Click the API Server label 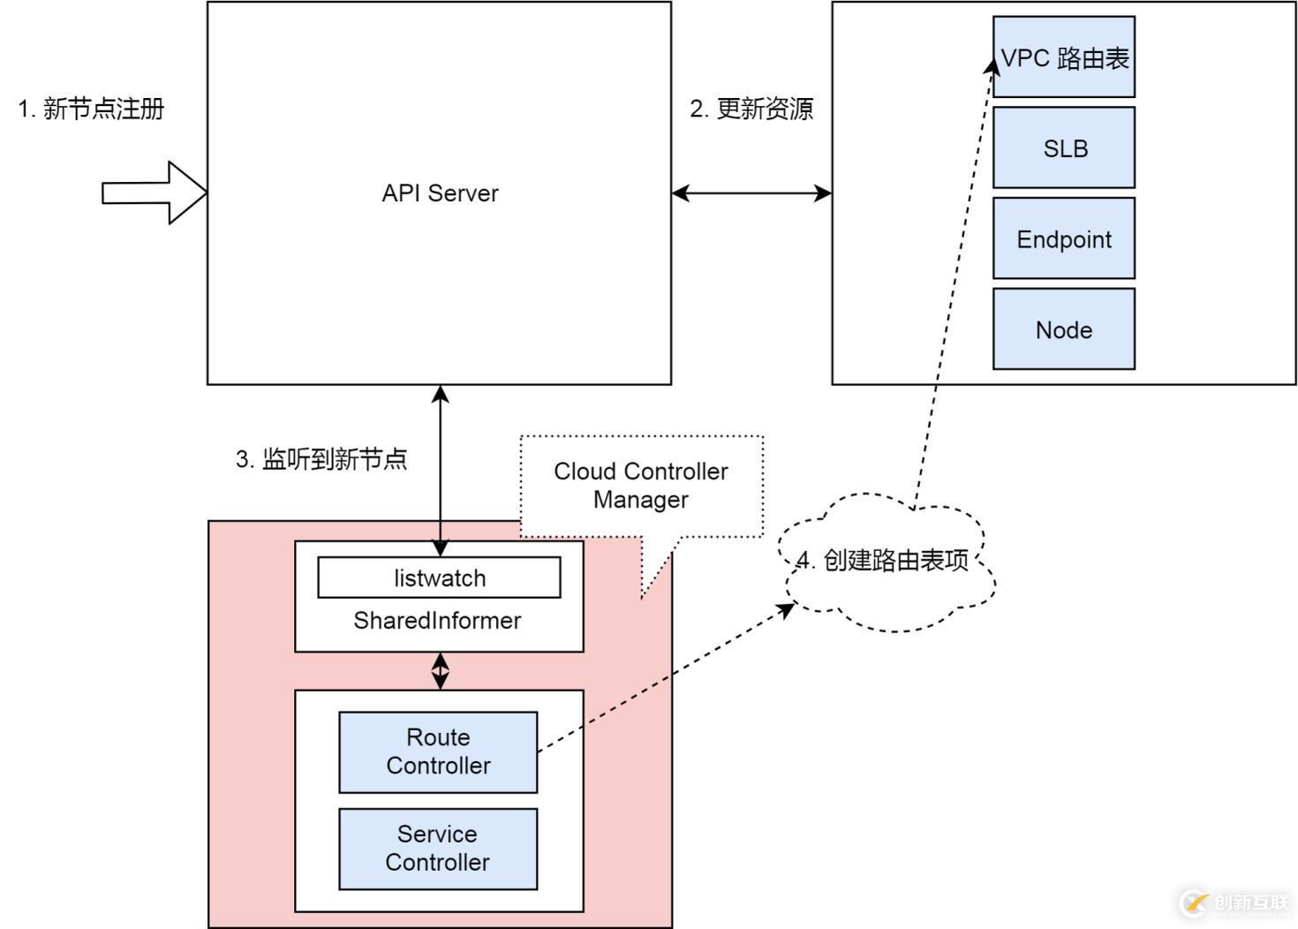click(x=440, y=193)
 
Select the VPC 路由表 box click(x=1063, y=57)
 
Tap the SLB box click(x=1063, y=147)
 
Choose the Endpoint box click(x=1063, y=238)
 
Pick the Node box click(x=1063, y=329)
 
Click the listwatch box click(x=439, y=578)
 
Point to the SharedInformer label click(x=437, y=621)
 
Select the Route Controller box click(x=438, y=752)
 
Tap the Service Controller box click(x=438, y=849)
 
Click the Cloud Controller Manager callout click(x=641, y=486)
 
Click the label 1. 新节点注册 click(x=92, y=109)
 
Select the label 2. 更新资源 click(x=751, y=109)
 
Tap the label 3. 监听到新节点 click(x=321, y=459)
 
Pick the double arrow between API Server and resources click(x=751, y=193)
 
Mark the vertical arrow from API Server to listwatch click(x=440, y=468)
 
